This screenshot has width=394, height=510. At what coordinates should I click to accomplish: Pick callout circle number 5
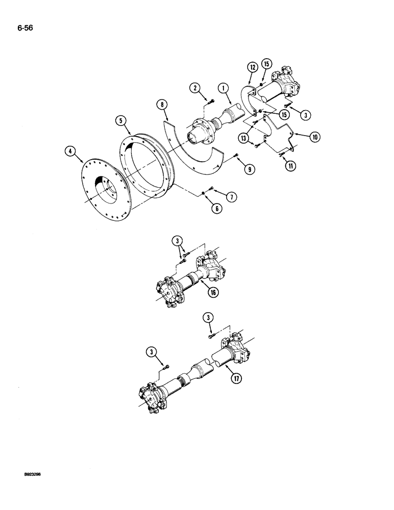pos(120,121)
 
